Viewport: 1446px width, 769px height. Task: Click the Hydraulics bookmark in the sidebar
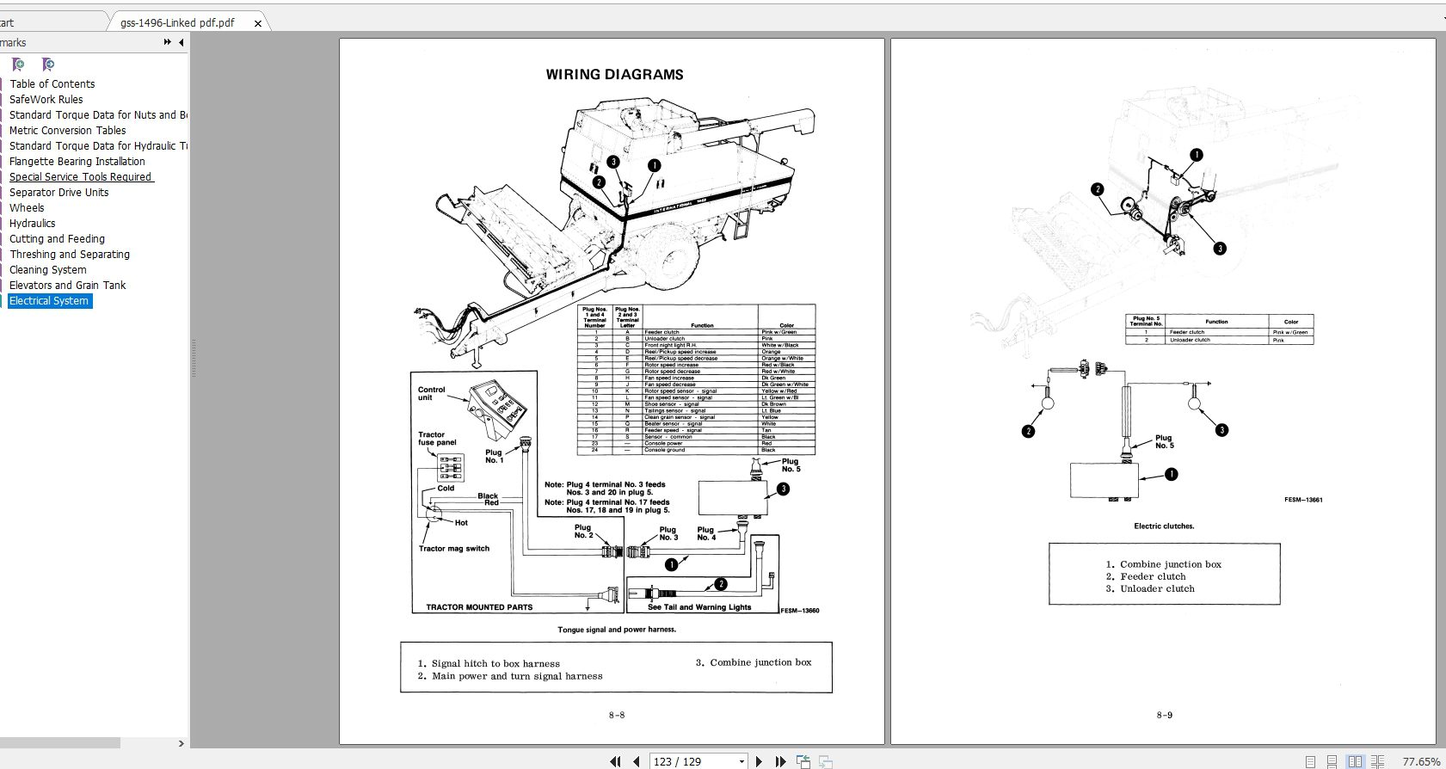32,224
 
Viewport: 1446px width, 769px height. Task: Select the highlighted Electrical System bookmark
49,301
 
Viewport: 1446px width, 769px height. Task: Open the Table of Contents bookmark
52,84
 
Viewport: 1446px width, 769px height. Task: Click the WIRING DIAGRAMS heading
614,75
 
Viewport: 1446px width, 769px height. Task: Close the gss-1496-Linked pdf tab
257,24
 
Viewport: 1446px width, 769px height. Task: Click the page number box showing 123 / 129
697,761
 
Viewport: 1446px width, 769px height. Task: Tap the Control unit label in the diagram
431,394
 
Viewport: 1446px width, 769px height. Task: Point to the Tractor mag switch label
453,549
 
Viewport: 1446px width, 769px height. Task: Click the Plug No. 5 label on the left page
791,465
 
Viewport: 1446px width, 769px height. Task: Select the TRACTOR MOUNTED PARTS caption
479,607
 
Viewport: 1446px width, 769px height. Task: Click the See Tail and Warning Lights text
699,607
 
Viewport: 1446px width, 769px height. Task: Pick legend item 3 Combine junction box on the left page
754,662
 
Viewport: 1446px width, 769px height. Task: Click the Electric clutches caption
1164,526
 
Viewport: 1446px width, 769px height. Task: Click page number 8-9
1164,715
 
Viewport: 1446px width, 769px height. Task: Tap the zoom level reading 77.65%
1420,761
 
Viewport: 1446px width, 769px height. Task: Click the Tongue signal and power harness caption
617,630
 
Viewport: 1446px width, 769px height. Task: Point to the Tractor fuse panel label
437,439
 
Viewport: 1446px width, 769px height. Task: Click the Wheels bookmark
27,208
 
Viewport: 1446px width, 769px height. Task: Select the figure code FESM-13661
1303,500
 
